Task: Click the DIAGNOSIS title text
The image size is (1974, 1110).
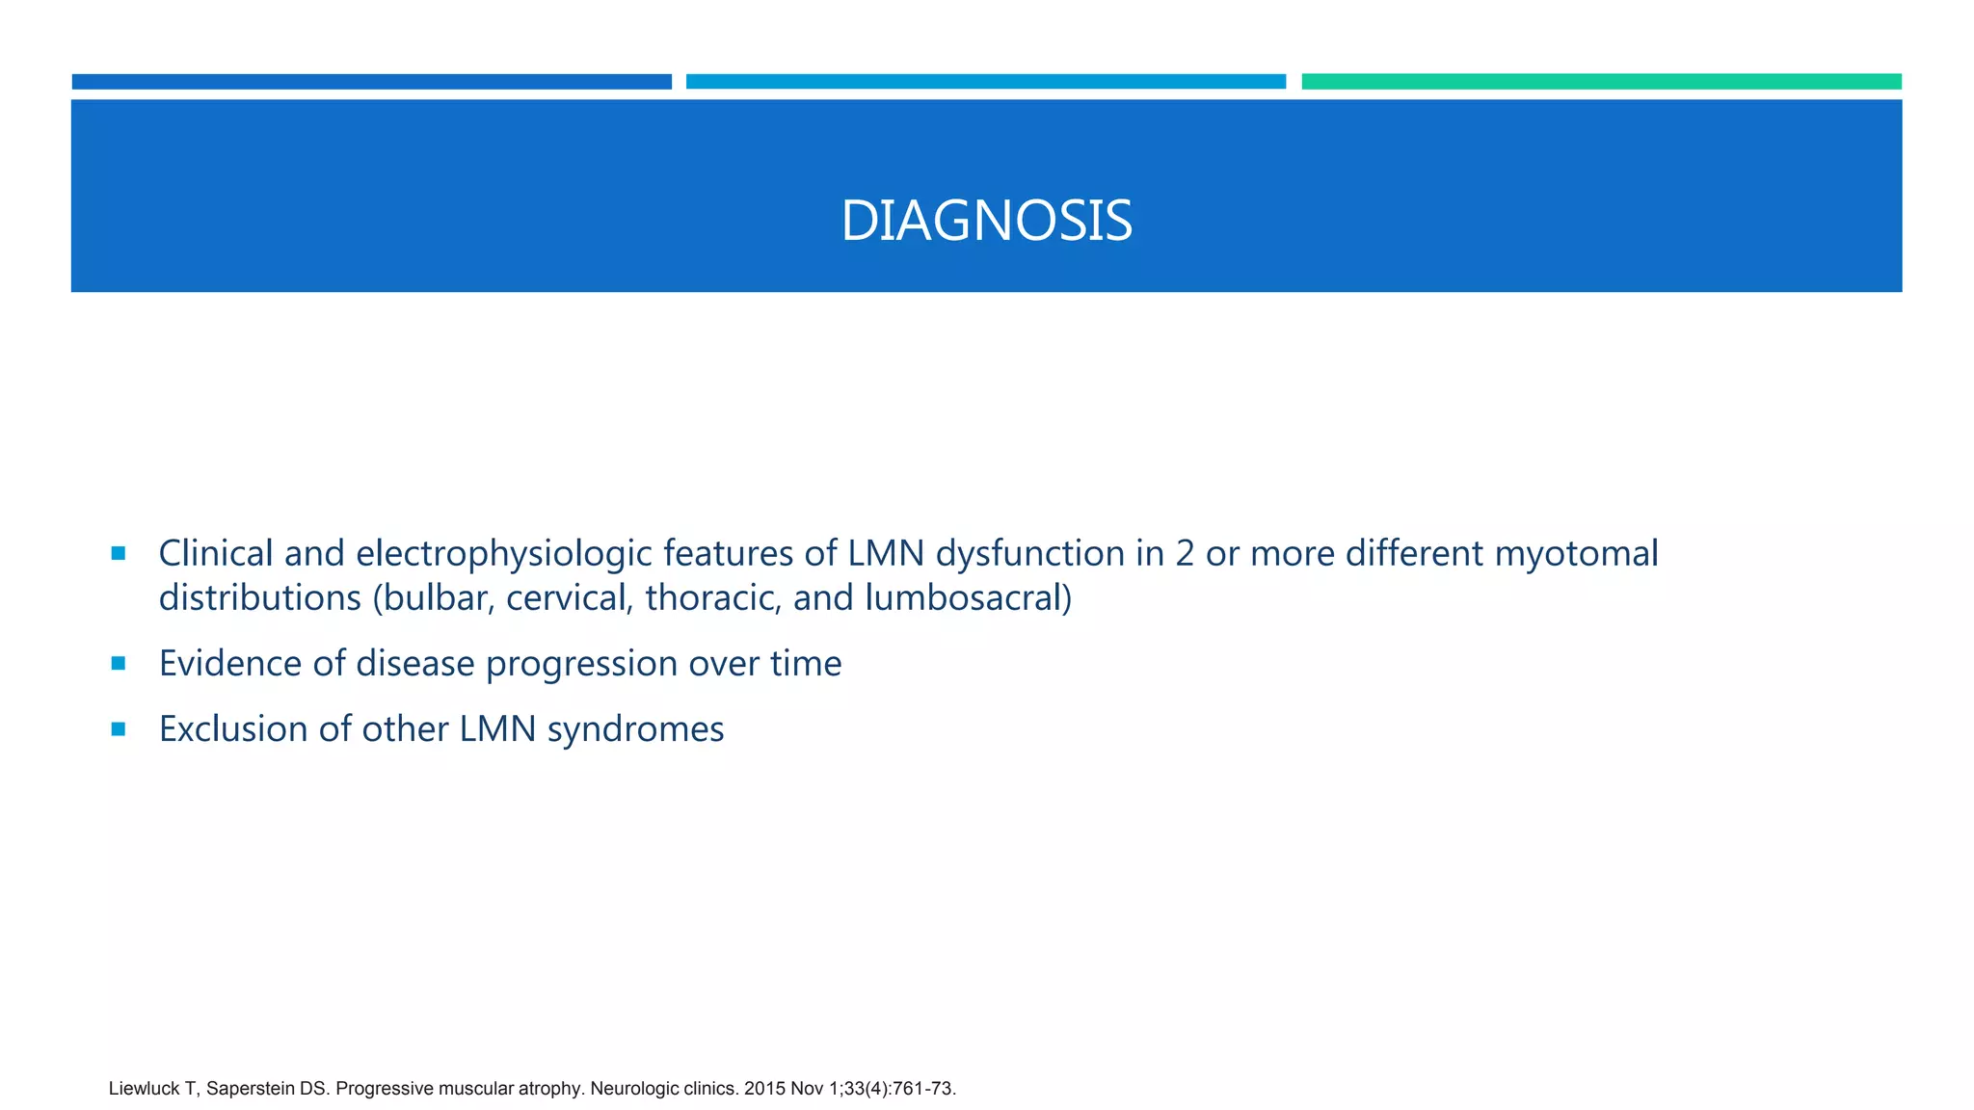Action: click(x=986, y=221)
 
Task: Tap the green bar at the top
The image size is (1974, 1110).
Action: click(x=1601, y=82)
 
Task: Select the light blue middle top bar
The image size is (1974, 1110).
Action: click(x=985, y=82)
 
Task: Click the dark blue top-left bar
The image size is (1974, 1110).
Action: click(x=371, y=82)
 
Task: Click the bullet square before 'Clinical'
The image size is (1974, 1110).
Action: click(x=119, y=553)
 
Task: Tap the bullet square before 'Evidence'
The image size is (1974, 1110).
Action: click(x=119, y=663)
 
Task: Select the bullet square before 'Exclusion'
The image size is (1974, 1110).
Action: click(x=119, y=729)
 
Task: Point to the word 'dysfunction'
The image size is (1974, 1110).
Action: click(x=1027, y=554)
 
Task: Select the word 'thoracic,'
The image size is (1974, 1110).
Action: click(x=713, y=598)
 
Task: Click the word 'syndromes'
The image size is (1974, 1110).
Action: click(x=635, y=730)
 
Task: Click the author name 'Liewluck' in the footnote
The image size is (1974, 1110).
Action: click(x=144, y=1089)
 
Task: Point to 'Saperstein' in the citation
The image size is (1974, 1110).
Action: click(x=251, y=1089)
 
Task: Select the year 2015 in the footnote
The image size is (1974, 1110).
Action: click(x=764, y=1089)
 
